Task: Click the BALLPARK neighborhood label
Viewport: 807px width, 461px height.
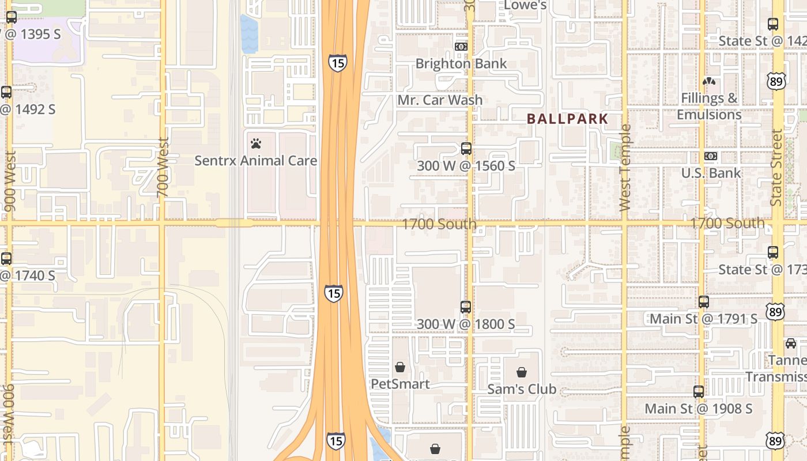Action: pos(568,119)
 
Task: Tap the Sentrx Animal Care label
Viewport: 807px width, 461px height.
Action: pos(255,160)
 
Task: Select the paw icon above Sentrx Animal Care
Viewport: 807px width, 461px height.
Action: pos(256,143)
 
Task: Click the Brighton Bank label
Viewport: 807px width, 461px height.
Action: pos(461,63)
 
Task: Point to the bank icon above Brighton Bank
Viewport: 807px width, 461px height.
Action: pos(461,46)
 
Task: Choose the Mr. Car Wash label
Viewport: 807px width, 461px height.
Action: pos(440,100)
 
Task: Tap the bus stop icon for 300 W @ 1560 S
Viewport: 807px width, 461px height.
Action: pos(466,148)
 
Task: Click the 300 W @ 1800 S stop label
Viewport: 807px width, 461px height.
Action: pos(466,324)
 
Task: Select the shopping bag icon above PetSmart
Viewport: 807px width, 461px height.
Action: pos(400,366)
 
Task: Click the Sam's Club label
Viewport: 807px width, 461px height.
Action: pos(522,389)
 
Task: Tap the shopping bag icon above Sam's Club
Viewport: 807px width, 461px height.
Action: pos(522,372)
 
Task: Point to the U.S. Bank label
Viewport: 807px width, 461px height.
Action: pos(711,173)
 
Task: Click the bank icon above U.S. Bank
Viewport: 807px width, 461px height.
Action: pos(711,156)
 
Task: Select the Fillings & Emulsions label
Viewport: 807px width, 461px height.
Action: pos(709,106)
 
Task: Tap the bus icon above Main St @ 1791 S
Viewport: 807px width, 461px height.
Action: pos(704,301)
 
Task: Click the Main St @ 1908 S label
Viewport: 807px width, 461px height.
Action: pos(698,409)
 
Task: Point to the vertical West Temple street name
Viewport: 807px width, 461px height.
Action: pos(625,167)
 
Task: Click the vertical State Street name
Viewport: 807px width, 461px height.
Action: pos(776,167)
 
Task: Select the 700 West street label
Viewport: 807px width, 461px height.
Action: pos(163,167)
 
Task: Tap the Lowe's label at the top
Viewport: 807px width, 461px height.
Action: pos(525,6)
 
